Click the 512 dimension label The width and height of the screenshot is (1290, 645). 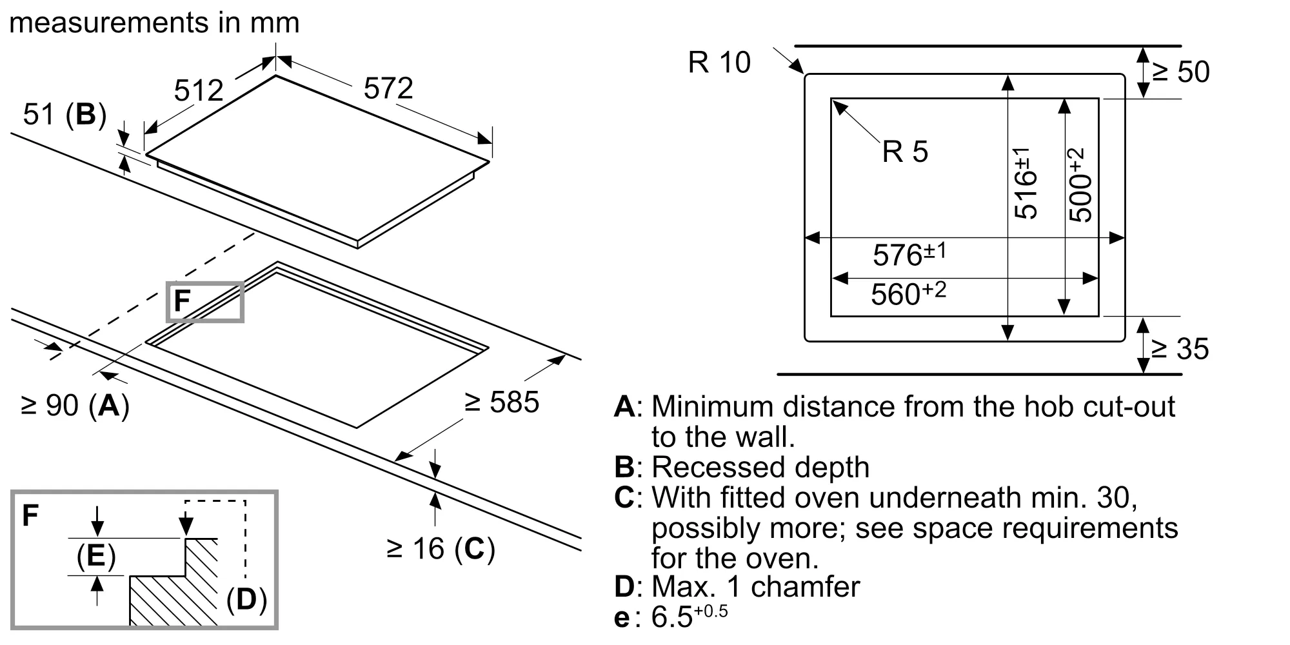[x=199, y=90]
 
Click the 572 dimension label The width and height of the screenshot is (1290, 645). [x=388, y=88]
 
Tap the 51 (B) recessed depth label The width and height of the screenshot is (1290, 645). [x=64, y=115]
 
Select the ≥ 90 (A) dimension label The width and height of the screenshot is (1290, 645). [x=75, y=406]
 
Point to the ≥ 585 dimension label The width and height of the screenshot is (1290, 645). [x=502, y=402]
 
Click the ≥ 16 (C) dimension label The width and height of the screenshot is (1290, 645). [x=441, y=548]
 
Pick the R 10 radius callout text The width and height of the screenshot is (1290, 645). [x=719, y=63]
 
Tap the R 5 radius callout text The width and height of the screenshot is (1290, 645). [x=905, y=152]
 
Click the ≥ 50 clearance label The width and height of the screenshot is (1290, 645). [x=1181, y=72]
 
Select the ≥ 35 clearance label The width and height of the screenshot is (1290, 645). [x=1180, y=349]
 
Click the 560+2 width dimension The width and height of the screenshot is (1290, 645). [x=908, y=293]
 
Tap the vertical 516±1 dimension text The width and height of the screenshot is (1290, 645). [x=1025, y=183]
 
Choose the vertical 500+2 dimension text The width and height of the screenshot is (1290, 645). [x=1080, y=185]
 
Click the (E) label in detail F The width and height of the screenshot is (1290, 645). [x=96, y=556]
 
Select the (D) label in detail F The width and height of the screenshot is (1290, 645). [x=246, y=599]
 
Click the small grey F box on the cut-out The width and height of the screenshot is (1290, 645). [x=204, y=301]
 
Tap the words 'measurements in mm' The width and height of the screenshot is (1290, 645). [x=155, y=23]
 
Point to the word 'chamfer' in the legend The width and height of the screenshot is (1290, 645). [x=805, y=586]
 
